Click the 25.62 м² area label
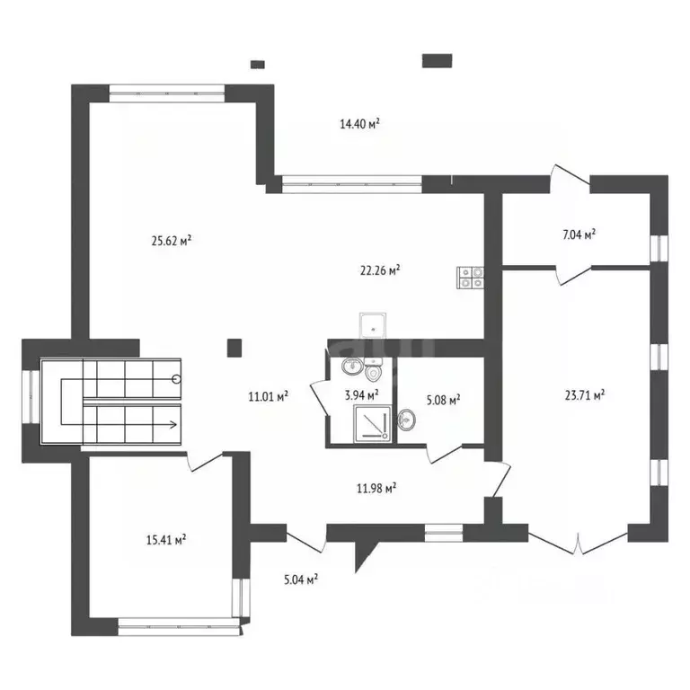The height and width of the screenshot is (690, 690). [x=172, y=241]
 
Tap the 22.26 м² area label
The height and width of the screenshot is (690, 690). [x=380, y=270]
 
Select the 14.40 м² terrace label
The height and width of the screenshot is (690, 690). [x=359, y=124]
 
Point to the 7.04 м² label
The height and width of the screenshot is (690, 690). [x=579, y=234]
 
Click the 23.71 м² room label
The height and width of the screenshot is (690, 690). [x=584, y=394]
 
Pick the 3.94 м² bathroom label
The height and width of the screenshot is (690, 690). [x=362, y=395]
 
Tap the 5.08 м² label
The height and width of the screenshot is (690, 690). [x=443, y=400]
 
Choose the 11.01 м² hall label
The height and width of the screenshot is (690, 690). [x=268, y=396]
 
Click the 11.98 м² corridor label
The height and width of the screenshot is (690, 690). [x=376, y=488]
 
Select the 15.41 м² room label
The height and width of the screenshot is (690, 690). [x=166, y=539]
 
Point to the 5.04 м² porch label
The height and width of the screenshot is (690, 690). [x=301, y=579]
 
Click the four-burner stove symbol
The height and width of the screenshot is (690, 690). [x=471, y=278]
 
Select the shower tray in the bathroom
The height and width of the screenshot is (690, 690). [x=372, y=423]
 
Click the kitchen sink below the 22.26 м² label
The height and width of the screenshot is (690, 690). [x=373, y=325]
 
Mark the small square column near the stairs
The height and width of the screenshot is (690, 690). [x=234, y=348]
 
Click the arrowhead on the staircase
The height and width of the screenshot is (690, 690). [x=173, y=425]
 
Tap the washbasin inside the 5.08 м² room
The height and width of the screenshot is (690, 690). [x=406, y=420]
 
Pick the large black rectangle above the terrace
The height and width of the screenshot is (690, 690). [x=437, y=61]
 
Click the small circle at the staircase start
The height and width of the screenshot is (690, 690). [x=177, y=378]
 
